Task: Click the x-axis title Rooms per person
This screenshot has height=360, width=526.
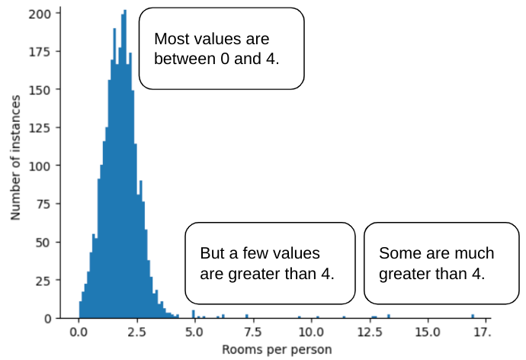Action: (x=277, y=350)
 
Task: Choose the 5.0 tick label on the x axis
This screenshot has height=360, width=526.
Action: (x=194, y=333)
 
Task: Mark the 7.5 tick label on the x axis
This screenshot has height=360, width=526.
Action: (x=252, y=333)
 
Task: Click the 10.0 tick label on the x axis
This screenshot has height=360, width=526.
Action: (x=310, y=333)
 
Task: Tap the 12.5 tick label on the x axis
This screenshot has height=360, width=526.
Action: (x=368, y=333)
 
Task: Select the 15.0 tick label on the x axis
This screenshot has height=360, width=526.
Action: (x=426, y=333)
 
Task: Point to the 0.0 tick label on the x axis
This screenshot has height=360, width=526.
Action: (x=79, y=333)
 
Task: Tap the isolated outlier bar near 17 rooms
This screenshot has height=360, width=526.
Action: (x=473, y=316)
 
